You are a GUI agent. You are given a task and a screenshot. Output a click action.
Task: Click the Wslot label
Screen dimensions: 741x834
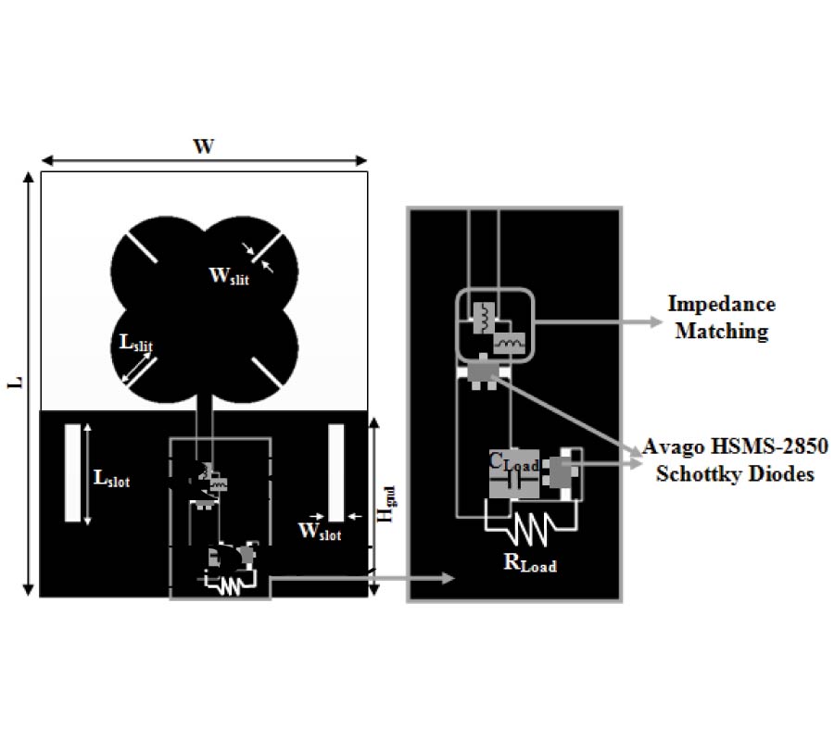click(x=319, y=532)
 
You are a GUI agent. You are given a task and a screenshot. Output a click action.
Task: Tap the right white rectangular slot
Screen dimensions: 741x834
click(x=336, y=472)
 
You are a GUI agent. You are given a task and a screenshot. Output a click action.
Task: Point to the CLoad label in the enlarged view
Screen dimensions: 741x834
click(x=512, y=460)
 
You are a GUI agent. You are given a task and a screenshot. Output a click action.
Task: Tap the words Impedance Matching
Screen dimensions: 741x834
click(x=721, y=318)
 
